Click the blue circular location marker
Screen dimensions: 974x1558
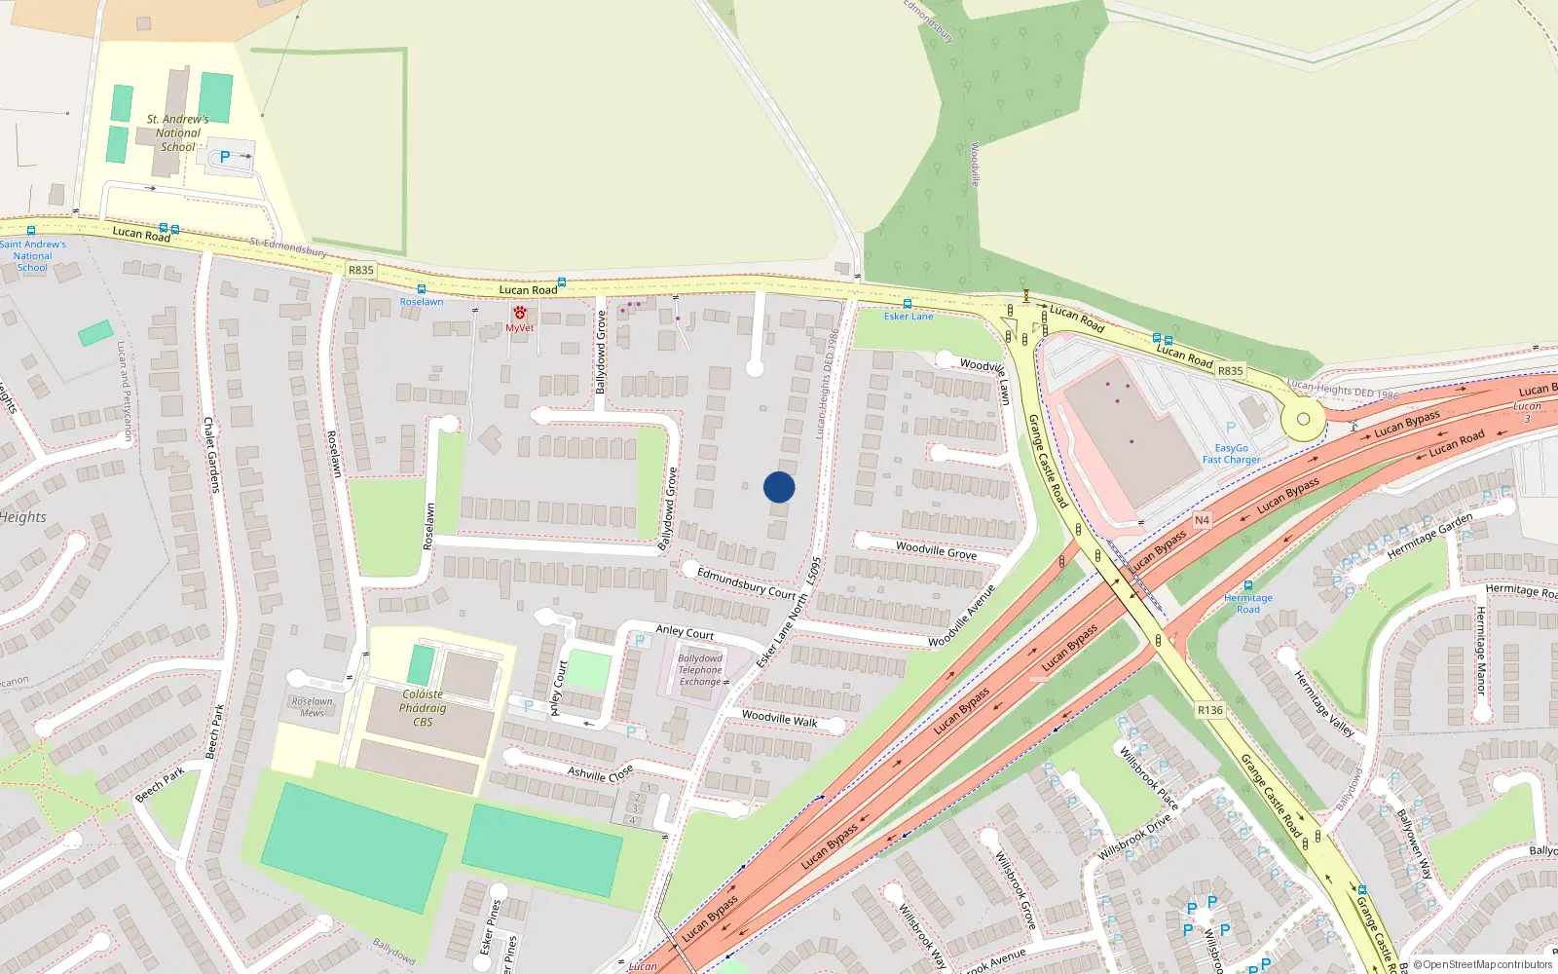[779, 487]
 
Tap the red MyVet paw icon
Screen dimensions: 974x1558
[520, 313]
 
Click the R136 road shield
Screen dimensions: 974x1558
[1210, 710]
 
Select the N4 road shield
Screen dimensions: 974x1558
[1202, 520]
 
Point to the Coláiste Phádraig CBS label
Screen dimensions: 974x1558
[423, 708]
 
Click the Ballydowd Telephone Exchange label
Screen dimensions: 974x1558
[700, 670]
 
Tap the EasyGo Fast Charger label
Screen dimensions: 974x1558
[1231, 454]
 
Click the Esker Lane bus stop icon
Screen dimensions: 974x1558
[908, 304]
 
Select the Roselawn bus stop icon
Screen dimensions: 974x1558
[421, 289]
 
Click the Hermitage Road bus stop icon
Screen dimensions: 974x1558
[1248, 585]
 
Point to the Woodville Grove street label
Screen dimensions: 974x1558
[936, 550]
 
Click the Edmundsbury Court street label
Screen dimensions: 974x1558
[746, 582]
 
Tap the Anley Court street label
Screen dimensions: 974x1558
[685, 632]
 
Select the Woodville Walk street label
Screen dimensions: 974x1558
[779, 719]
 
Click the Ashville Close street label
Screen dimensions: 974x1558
[600, 773]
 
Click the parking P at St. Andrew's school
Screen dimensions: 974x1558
[225, 156]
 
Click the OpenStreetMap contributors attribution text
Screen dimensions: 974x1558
[1483, 965]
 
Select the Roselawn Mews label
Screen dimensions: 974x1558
[312, 707]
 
